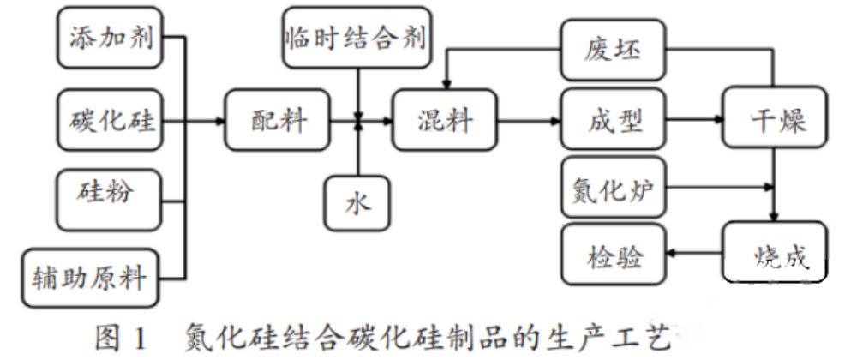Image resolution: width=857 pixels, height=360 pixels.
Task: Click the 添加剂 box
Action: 109,39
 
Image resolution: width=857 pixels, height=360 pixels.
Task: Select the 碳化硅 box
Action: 109,121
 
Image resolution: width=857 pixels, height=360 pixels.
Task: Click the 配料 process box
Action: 277,121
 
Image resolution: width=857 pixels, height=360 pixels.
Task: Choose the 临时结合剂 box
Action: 355,39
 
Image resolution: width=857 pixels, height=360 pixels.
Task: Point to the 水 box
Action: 357,206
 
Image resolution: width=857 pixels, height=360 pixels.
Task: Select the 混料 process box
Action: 444,121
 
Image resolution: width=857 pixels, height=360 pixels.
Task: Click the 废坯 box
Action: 614,52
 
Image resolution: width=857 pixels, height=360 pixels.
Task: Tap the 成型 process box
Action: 614,121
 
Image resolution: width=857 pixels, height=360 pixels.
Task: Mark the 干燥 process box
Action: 776,121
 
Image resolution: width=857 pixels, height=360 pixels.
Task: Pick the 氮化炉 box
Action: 614,186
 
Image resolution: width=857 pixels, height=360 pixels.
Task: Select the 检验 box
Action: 614,255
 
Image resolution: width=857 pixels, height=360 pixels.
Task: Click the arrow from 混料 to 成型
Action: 528,122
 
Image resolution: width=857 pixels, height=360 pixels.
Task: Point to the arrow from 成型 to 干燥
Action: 694,122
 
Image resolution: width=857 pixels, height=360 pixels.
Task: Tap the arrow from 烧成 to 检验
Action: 694,255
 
